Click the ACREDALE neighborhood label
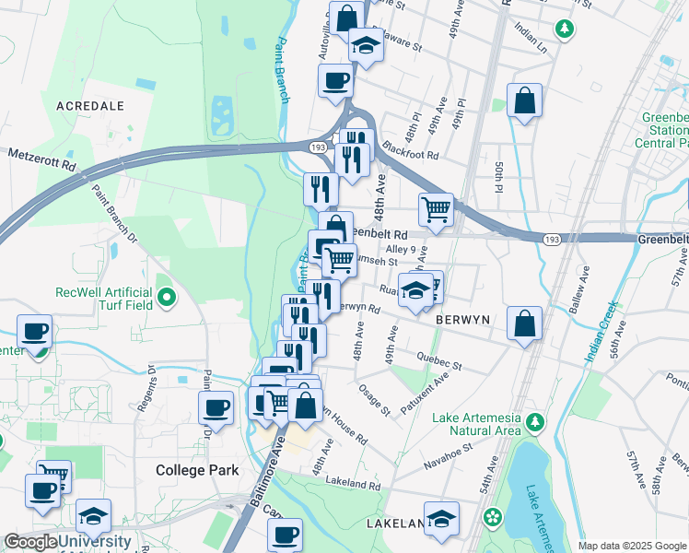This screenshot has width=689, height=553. point(90,106)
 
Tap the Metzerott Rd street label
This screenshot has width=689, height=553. point(43,156)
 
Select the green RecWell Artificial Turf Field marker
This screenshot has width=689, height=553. point(166,298)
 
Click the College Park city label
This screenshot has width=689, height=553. point(197,470)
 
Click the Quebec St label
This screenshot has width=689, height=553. point(438,360)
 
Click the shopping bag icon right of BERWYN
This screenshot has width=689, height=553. point(524,324)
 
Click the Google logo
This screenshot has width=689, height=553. point(29,543)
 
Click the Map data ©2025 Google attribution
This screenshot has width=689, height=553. point(632,546)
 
